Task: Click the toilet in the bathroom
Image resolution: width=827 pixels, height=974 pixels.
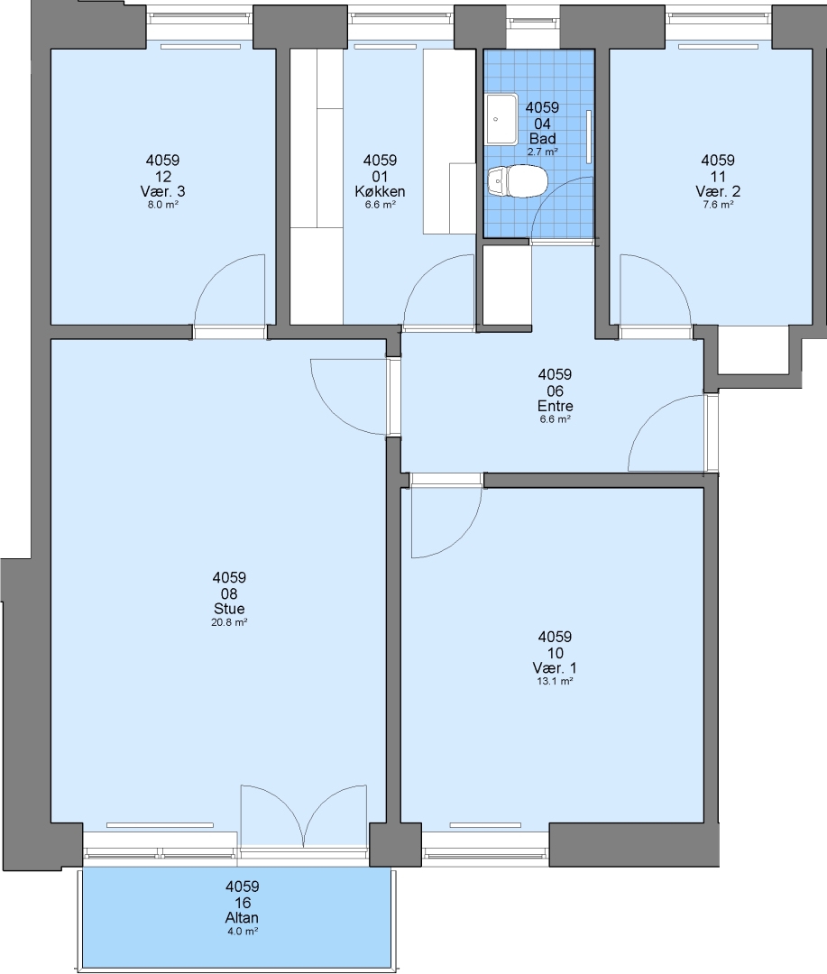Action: coord(517,182)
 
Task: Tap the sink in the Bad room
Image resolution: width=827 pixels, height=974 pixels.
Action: coord(502,119)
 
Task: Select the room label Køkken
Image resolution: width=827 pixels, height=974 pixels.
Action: coord(380,191)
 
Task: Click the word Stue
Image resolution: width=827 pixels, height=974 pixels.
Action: coord(229,609)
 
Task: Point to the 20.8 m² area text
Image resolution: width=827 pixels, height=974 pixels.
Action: coord(229,622)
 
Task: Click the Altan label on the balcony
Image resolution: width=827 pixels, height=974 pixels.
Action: coord(242,917)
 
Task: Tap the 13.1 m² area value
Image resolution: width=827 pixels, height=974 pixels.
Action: coord(555,682)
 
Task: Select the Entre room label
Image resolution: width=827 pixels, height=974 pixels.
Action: coord(555,406)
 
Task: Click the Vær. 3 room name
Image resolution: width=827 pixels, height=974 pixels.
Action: coord(163,191)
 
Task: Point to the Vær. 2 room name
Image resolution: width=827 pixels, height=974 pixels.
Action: coord(718,191)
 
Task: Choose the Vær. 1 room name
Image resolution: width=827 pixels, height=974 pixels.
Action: coord(555,668)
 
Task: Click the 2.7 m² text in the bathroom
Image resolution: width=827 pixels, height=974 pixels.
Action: coord(542,152)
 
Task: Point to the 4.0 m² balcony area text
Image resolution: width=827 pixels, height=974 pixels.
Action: coord(243,931)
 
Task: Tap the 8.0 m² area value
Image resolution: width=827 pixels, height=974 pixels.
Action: coord(163,205)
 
